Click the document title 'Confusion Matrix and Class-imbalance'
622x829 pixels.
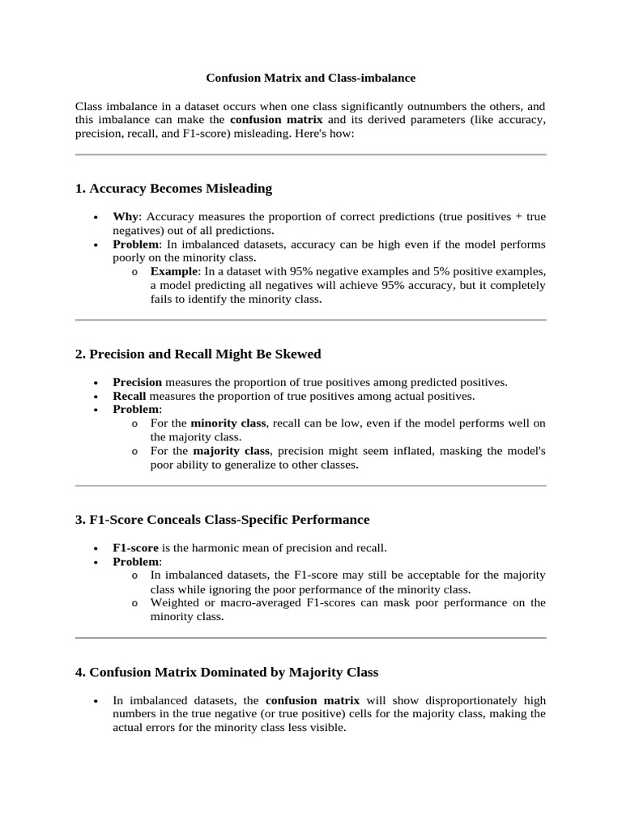coord(310,78)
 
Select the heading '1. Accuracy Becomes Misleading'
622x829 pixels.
coord(173,189)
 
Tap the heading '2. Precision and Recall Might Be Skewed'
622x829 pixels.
coord(198,354)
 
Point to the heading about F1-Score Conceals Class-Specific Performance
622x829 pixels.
coord(222,519)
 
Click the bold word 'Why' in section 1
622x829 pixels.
coord(126,217)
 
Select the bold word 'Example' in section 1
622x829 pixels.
coord(174,270)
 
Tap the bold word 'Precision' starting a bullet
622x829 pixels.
coord(137,382)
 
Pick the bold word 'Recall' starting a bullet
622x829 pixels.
coord(130,396)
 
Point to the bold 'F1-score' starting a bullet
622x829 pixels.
coord(135,547)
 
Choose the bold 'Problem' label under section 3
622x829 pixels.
coord(136,561)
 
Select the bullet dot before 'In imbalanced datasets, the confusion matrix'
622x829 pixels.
coord(96,701)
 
